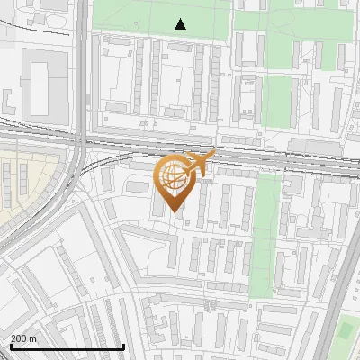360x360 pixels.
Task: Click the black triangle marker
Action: click(x=181, y=24)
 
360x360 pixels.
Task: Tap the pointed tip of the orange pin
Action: click(x=173, y=212)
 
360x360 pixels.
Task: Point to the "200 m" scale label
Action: click(x=23, y=338)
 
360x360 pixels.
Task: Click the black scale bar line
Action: click(x=67, y=346)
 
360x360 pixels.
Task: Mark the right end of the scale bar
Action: click(x=123, y=346)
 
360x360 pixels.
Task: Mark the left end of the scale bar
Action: click(x=10, y=346)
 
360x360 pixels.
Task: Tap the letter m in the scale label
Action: click(x=32, y=338)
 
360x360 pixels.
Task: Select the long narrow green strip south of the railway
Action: click(x=265, y=234)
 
